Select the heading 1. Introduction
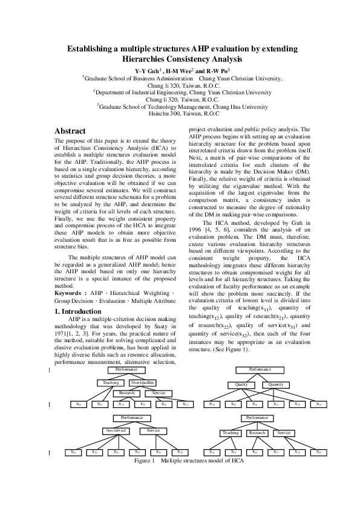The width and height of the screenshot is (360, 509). click(x=78, y=312)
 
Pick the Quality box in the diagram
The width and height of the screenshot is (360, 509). click(x=241, y=384)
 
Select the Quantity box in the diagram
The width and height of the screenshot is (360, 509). click(x=275, y=384)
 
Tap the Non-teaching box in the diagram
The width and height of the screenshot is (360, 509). click(x=143, y=383)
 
